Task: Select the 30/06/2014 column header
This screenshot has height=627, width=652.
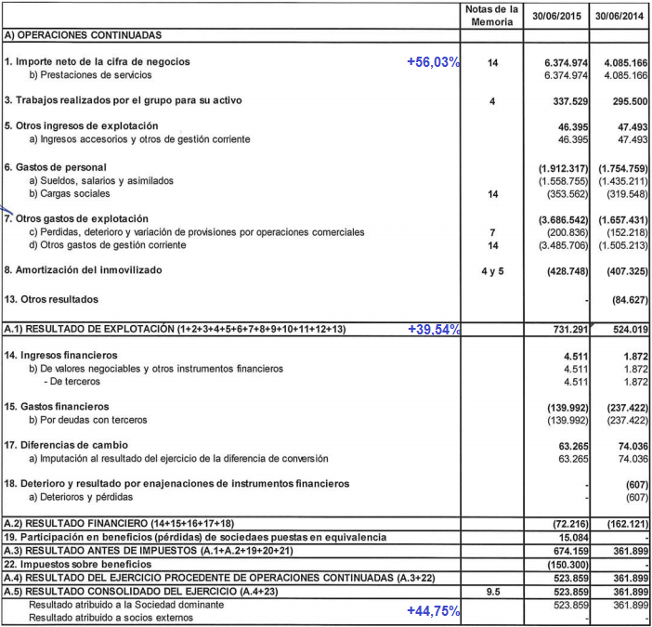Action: [619, 16]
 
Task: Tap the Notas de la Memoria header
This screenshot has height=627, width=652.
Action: [492, 15]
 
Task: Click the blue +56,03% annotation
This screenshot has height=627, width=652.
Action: [434, 61]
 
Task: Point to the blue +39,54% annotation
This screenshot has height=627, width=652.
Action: [434, 330]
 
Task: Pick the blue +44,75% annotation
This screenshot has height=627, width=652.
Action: [434, 610]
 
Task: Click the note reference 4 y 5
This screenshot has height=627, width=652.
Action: [492, 270]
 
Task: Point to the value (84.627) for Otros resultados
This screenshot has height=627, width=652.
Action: [624, 299]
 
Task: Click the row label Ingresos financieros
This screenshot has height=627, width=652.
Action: [62, 355]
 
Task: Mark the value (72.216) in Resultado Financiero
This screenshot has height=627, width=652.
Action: [565, 524]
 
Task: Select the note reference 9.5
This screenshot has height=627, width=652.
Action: [492, 591]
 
